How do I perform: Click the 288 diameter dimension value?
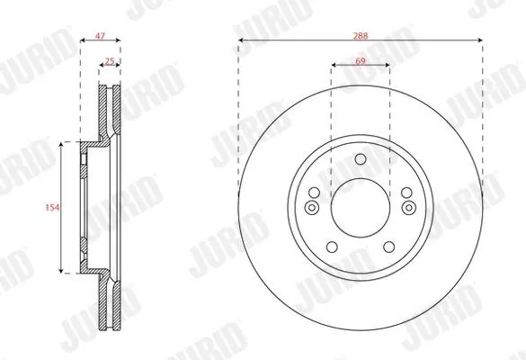tap(361, 36)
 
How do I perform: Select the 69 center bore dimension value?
tap(360, 61)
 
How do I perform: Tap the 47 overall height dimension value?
tap(100, 36)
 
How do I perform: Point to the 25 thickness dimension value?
tap(110, 61)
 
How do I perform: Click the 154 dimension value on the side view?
tap(52, 208)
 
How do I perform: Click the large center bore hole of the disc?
tap(361, 208)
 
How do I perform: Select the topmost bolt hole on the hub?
tap(361, 158)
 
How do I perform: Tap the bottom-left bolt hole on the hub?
tap(332, 247)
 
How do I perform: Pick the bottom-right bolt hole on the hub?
tap(389, 247)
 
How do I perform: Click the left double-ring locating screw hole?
tap(312, 208)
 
